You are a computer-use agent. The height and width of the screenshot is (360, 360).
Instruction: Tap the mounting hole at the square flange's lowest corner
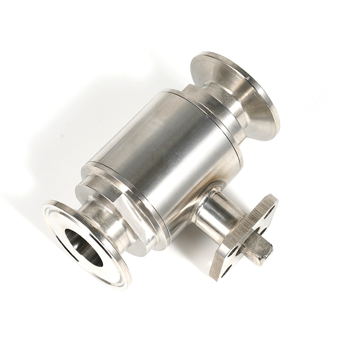click(x=225, y=269)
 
